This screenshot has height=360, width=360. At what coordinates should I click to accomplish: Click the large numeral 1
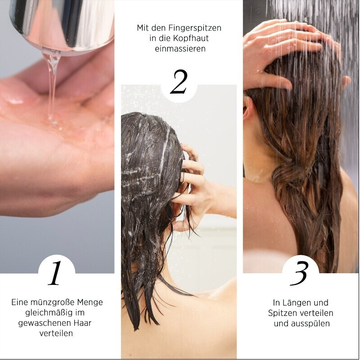click(54, 273)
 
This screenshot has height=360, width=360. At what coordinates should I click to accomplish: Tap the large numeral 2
click(179, 82)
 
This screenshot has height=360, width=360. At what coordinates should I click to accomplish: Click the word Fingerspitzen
click(195, 28)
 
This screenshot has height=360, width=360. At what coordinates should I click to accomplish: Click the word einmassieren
click(180, 49)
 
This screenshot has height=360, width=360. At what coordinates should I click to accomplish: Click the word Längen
click(295, 302)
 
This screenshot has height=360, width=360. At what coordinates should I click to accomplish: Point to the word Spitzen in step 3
click(282, 313)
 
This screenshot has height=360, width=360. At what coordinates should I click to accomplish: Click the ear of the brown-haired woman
click(248, 108)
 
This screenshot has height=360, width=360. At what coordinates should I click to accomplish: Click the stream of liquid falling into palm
click(52, 87)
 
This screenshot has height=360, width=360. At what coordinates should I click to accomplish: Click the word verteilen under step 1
click(56, 333)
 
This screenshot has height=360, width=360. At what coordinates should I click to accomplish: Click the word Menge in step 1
click(90, 302)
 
